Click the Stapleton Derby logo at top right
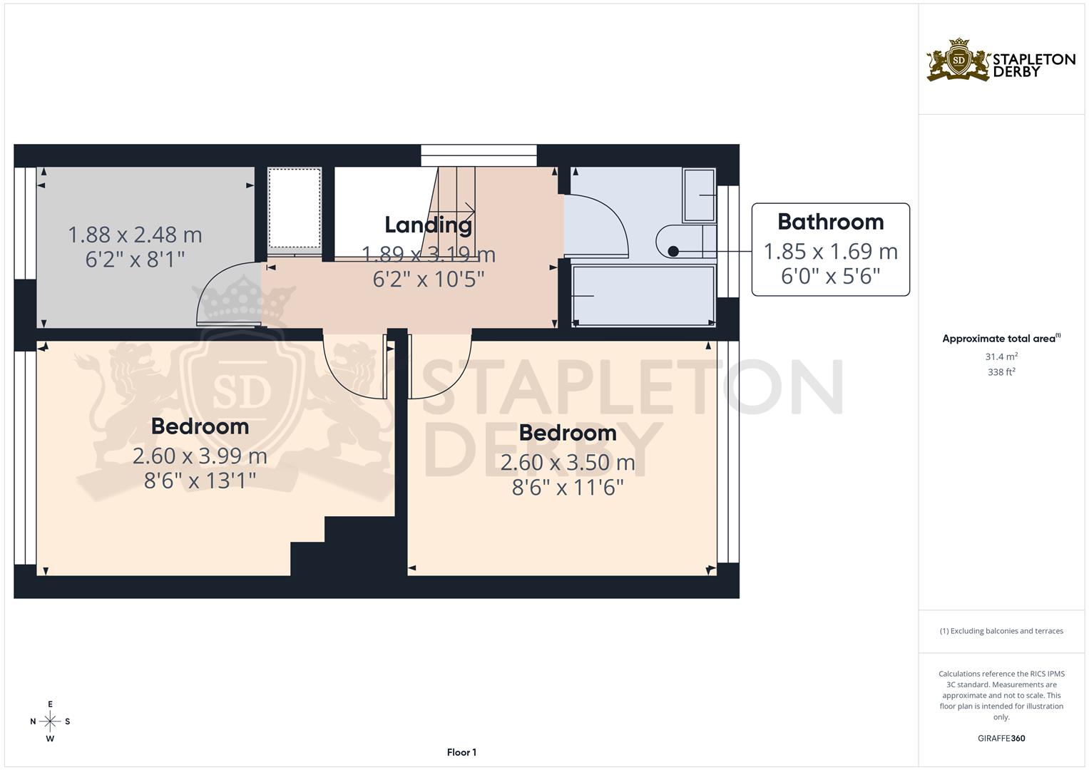[1001, 60]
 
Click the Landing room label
[428, 225]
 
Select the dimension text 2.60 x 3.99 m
[200, 456]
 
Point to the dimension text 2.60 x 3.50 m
[567, 463]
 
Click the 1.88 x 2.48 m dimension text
[135, 235]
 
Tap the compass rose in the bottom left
[50, 722]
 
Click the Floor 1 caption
[461, 752]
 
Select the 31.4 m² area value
[1001, 356]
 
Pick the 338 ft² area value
[1001, 372]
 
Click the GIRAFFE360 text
[1001, 739]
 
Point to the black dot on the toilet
[673, 251]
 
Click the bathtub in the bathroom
[643, 295]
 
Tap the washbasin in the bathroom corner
[699, 195]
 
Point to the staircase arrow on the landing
[468, 210]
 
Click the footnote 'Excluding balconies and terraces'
[1001, 631]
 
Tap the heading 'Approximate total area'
[1000, 339]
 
